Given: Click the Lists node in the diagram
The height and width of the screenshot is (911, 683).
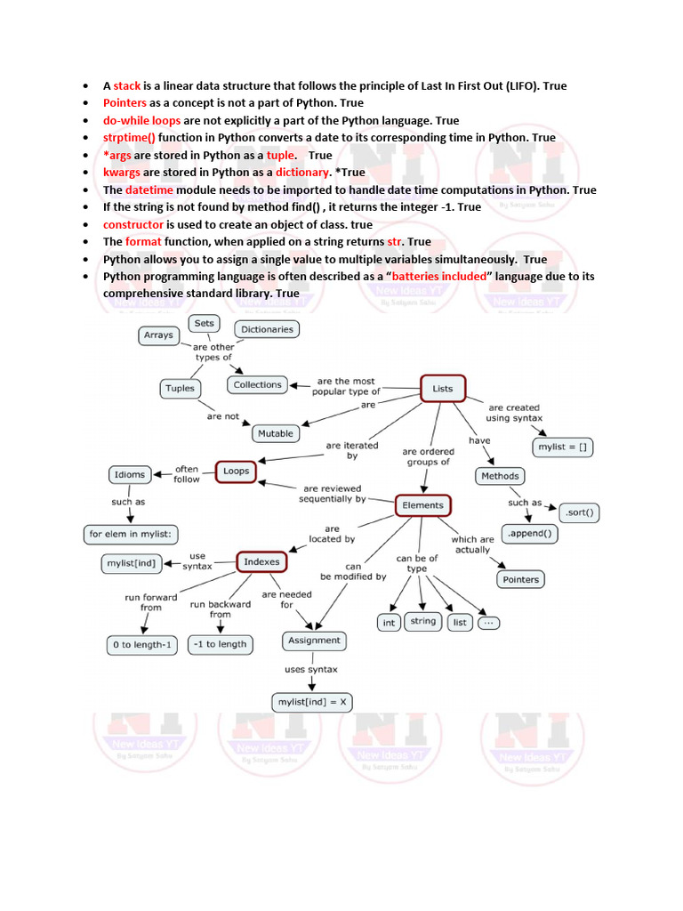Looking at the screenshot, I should click(x=442, y=389).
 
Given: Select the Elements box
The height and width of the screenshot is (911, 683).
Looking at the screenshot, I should click(x=422, y=505).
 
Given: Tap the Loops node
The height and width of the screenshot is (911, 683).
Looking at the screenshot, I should click(x=236, y=471).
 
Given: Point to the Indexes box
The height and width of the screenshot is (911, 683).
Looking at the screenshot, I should click(x=261, y=562).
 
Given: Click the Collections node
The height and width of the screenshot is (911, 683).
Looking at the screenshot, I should click(x=257, y=385).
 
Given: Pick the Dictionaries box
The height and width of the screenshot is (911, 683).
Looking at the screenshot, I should click(x=267, y=329).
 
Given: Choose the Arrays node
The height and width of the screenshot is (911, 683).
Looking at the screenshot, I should click(x=158, y=335).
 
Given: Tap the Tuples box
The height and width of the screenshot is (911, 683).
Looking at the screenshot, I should click(x=180, y=388).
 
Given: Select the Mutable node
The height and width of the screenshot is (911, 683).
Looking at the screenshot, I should click(x=275, y=433).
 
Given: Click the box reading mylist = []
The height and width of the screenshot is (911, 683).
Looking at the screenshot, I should click(x=563, y=447).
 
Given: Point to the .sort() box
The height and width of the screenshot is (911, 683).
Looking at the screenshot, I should click(x=578, y=513).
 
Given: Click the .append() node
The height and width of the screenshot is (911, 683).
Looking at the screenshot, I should click(x=531, y=535).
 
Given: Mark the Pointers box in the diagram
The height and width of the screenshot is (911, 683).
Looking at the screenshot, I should click(x=520, y=579).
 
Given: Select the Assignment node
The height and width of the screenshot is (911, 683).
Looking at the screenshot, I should click(x=314, y=641).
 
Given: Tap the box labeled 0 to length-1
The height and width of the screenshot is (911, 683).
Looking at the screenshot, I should click(x=142, y=644).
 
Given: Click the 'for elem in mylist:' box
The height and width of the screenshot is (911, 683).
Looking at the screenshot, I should click(x=131, y=535).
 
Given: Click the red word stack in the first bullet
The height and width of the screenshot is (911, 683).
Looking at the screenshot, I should click(x=127, y=86).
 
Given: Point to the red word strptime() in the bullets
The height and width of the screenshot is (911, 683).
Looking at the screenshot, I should click(x=129, y=138).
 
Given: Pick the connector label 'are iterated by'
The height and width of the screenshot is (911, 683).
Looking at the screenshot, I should click(x=352, y=450).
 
